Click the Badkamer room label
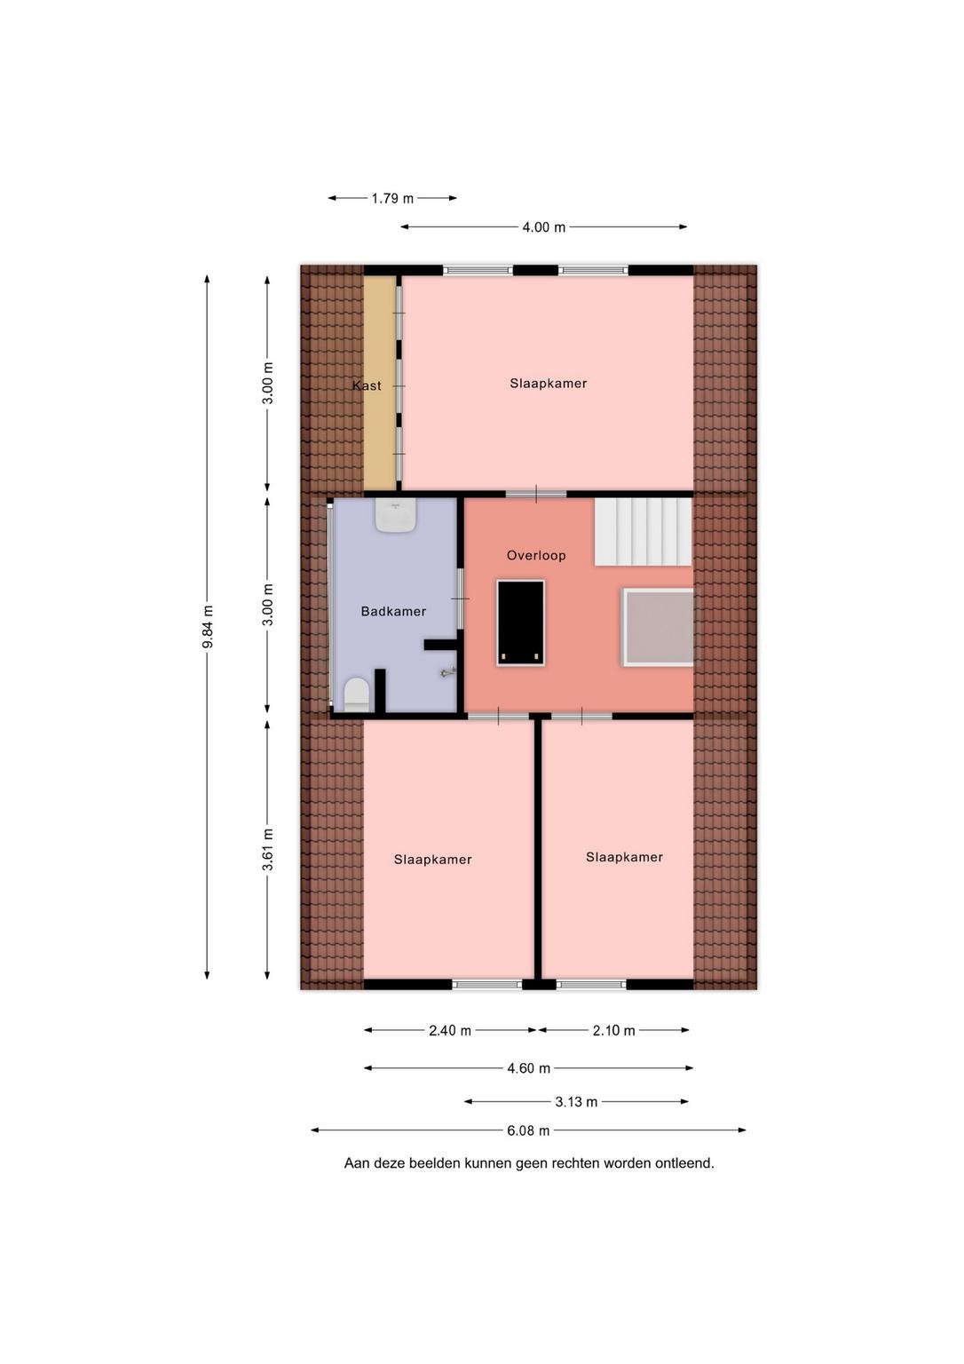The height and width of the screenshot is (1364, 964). [x=393, y=611]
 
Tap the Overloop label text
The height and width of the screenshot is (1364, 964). [x=536, y=555]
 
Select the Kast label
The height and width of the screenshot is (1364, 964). [x=367, y=385]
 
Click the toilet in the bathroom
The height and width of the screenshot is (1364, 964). [x=357, y=694]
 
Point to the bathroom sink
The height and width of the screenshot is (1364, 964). [x=396, y=514]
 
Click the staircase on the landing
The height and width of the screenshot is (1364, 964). [x=644, y=532]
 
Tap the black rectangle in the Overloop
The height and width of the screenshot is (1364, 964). [x=521, y=623]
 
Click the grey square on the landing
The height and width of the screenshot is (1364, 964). [x=658, y=627]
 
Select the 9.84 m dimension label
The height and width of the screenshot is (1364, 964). [x=208, y=627]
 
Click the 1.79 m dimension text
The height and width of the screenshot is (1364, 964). [x=392, y=199]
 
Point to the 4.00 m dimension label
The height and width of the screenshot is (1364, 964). [x=543, y=227]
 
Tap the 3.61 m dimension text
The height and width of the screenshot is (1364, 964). [x=268, y=849]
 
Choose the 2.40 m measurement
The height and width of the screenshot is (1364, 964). [x=450, y=1031]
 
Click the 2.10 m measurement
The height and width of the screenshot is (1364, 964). [x=613, y=1031]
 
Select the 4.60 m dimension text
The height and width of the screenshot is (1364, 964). [x=528, y=1068]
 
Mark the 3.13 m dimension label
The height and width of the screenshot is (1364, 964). [x=576, y=1102]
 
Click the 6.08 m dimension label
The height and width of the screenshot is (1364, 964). [x=528, y=1130]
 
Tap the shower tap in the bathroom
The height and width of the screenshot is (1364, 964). [x=448, y=672]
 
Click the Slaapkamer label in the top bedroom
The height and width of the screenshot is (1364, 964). [x=549, y=384]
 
